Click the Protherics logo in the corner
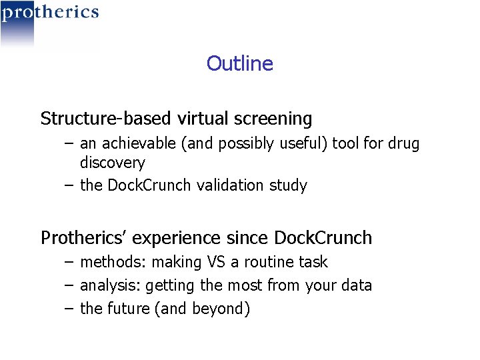(49, 13)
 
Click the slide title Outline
(239, 63)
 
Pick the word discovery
(112, 163)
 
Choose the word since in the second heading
(247, 238)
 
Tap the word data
(357, 286)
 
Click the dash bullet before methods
(69, 262)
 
